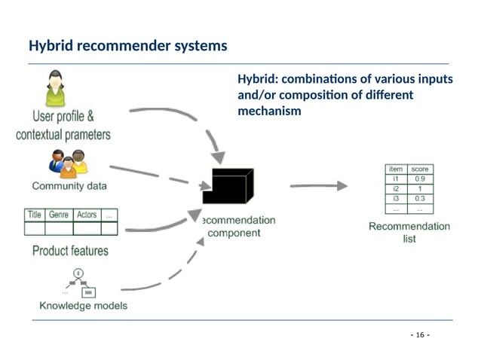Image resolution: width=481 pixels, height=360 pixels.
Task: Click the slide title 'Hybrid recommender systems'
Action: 127,46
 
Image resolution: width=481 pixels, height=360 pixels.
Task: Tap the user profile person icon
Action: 54,89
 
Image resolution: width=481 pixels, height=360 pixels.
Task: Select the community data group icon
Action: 68,163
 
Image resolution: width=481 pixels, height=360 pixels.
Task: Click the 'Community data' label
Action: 69,185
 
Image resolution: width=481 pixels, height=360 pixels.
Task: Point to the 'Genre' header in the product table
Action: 59,215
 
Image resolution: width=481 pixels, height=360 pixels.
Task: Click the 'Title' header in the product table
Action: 35,215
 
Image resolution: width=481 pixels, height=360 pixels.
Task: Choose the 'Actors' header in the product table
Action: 87,215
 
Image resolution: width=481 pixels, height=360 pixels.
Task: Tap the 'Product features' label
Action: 70,251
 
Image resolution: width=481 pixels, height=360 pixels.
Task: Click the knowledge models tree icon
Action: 79,282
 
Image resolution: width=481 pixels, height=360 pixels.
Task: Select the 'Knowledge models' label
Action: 83,306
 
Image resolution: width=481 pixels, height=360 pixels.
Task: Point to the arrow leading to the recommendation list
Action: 318,185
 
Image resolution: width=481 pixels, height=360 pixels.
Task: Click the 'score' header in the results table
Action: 419,169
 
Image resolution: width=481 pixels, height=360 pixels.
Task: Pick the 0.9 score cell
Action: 419,179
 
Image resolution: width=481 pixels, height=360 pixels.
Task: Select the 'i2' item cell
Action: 396,189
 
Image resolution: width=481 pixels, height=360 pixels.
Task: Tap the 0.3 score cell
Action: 419,199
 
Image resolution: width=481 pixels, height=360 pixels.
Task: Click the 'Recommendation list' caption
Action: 409,232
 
